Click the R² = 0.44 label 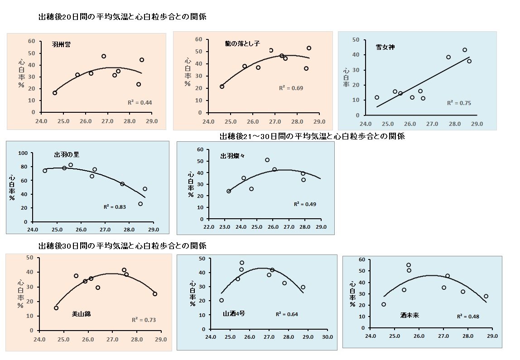[140, 103]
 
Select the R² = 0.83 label [115, 207]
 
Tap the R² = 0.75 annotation [459, 103]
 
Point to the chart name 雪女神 [385, 47]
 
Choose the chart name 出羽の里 [67, 155]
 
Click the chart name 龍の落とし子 [242, 43]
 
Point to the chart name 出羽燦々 [233, 156]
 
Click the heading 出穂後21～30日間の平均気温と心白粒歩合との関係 [312, 136]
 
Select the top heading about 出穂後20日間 [122, 17]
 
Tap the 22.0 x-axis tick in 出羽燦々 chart [209, 227]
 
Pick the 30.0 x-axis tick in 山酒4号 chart [327, 337]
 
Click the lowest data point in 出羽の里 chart [140, 204]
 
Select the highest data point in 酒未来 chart [409, 265]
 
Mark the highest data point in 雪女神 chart [464, 50]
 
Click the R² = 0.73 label [144, 320]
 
